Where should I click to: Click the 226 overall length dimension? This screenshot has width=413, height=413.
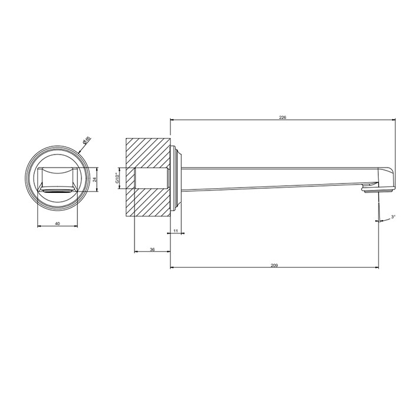(x=283, y=117)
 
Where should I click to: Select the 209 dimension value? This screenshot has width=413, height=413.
(x=274, y=265)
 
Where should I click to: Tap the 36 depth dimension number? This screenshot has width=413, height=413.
(x=152, y=250)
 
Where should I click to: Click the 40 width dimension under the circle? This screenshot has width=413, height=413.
(x=57, y=224)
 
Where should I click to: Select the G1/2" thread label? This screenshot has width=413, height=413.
(x=117, y=178)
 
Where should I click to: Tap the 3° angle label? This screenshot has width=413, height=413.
(x=393, y=218)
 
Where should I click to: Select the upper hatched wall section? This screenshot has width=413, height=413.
(x=147, y=153)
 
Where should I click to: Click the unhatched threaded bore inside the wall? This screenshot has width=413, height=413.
(x=150, y=178)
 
